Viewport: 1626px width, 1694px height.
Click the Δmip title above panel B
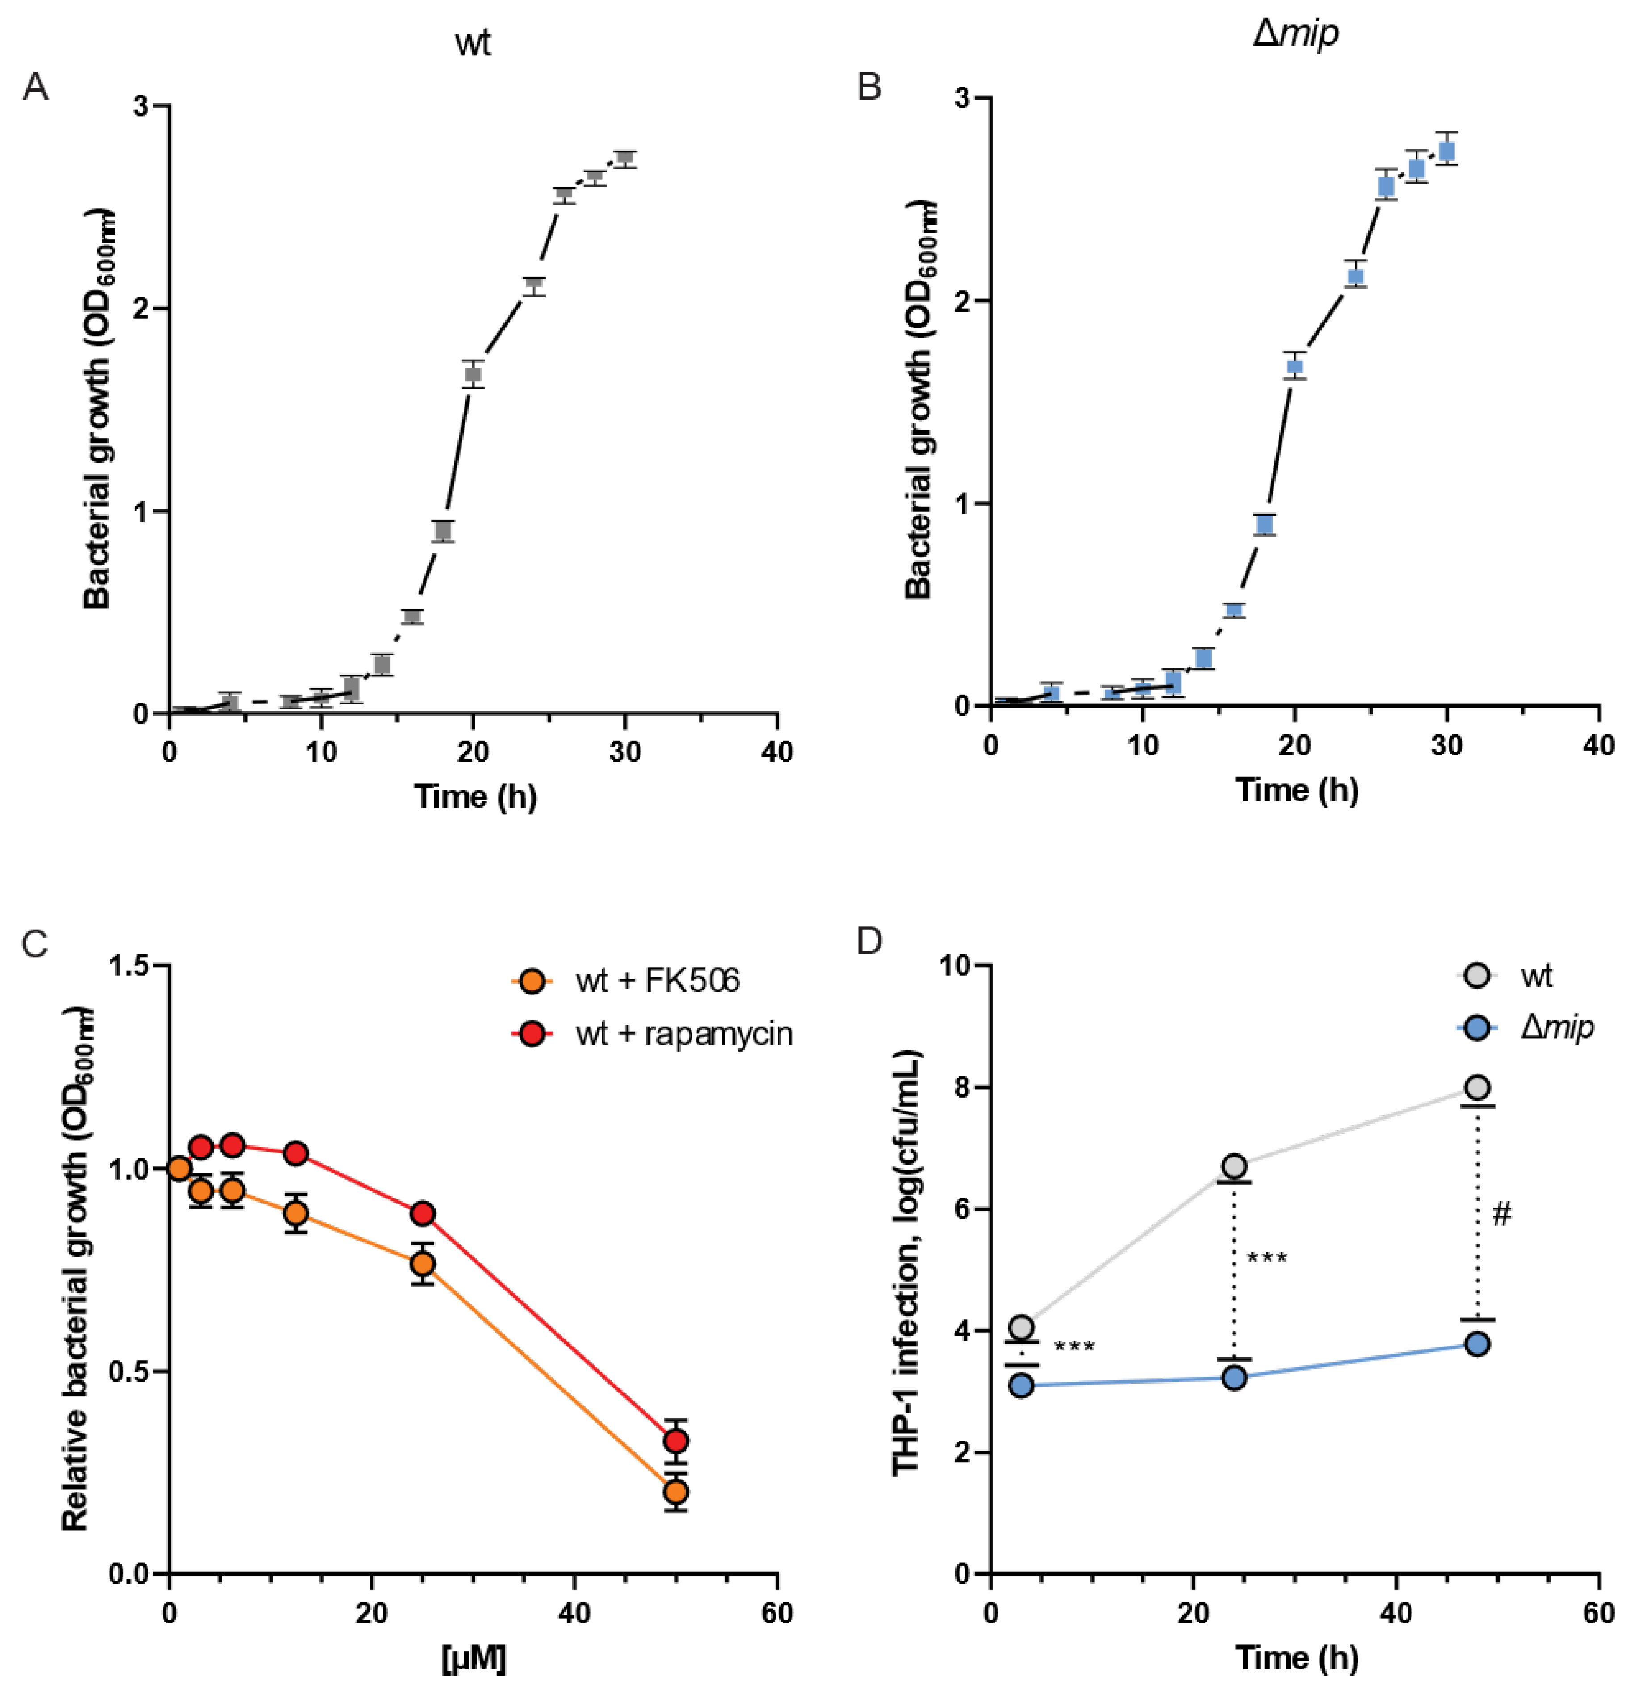(1295, 34)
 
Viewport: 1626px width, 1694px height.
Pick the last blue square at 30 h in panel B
(1446, 151)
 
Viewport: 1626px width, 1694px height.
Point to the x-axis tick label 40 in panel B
(1597, 745)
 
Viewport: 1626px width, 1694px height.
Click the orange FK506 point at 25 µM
(422, 1264)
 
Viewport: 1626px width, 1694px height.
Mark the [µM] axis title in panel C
(473, 1657)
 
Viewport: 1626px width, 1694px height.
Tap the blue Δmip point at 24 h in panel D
(1234, 1377)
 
